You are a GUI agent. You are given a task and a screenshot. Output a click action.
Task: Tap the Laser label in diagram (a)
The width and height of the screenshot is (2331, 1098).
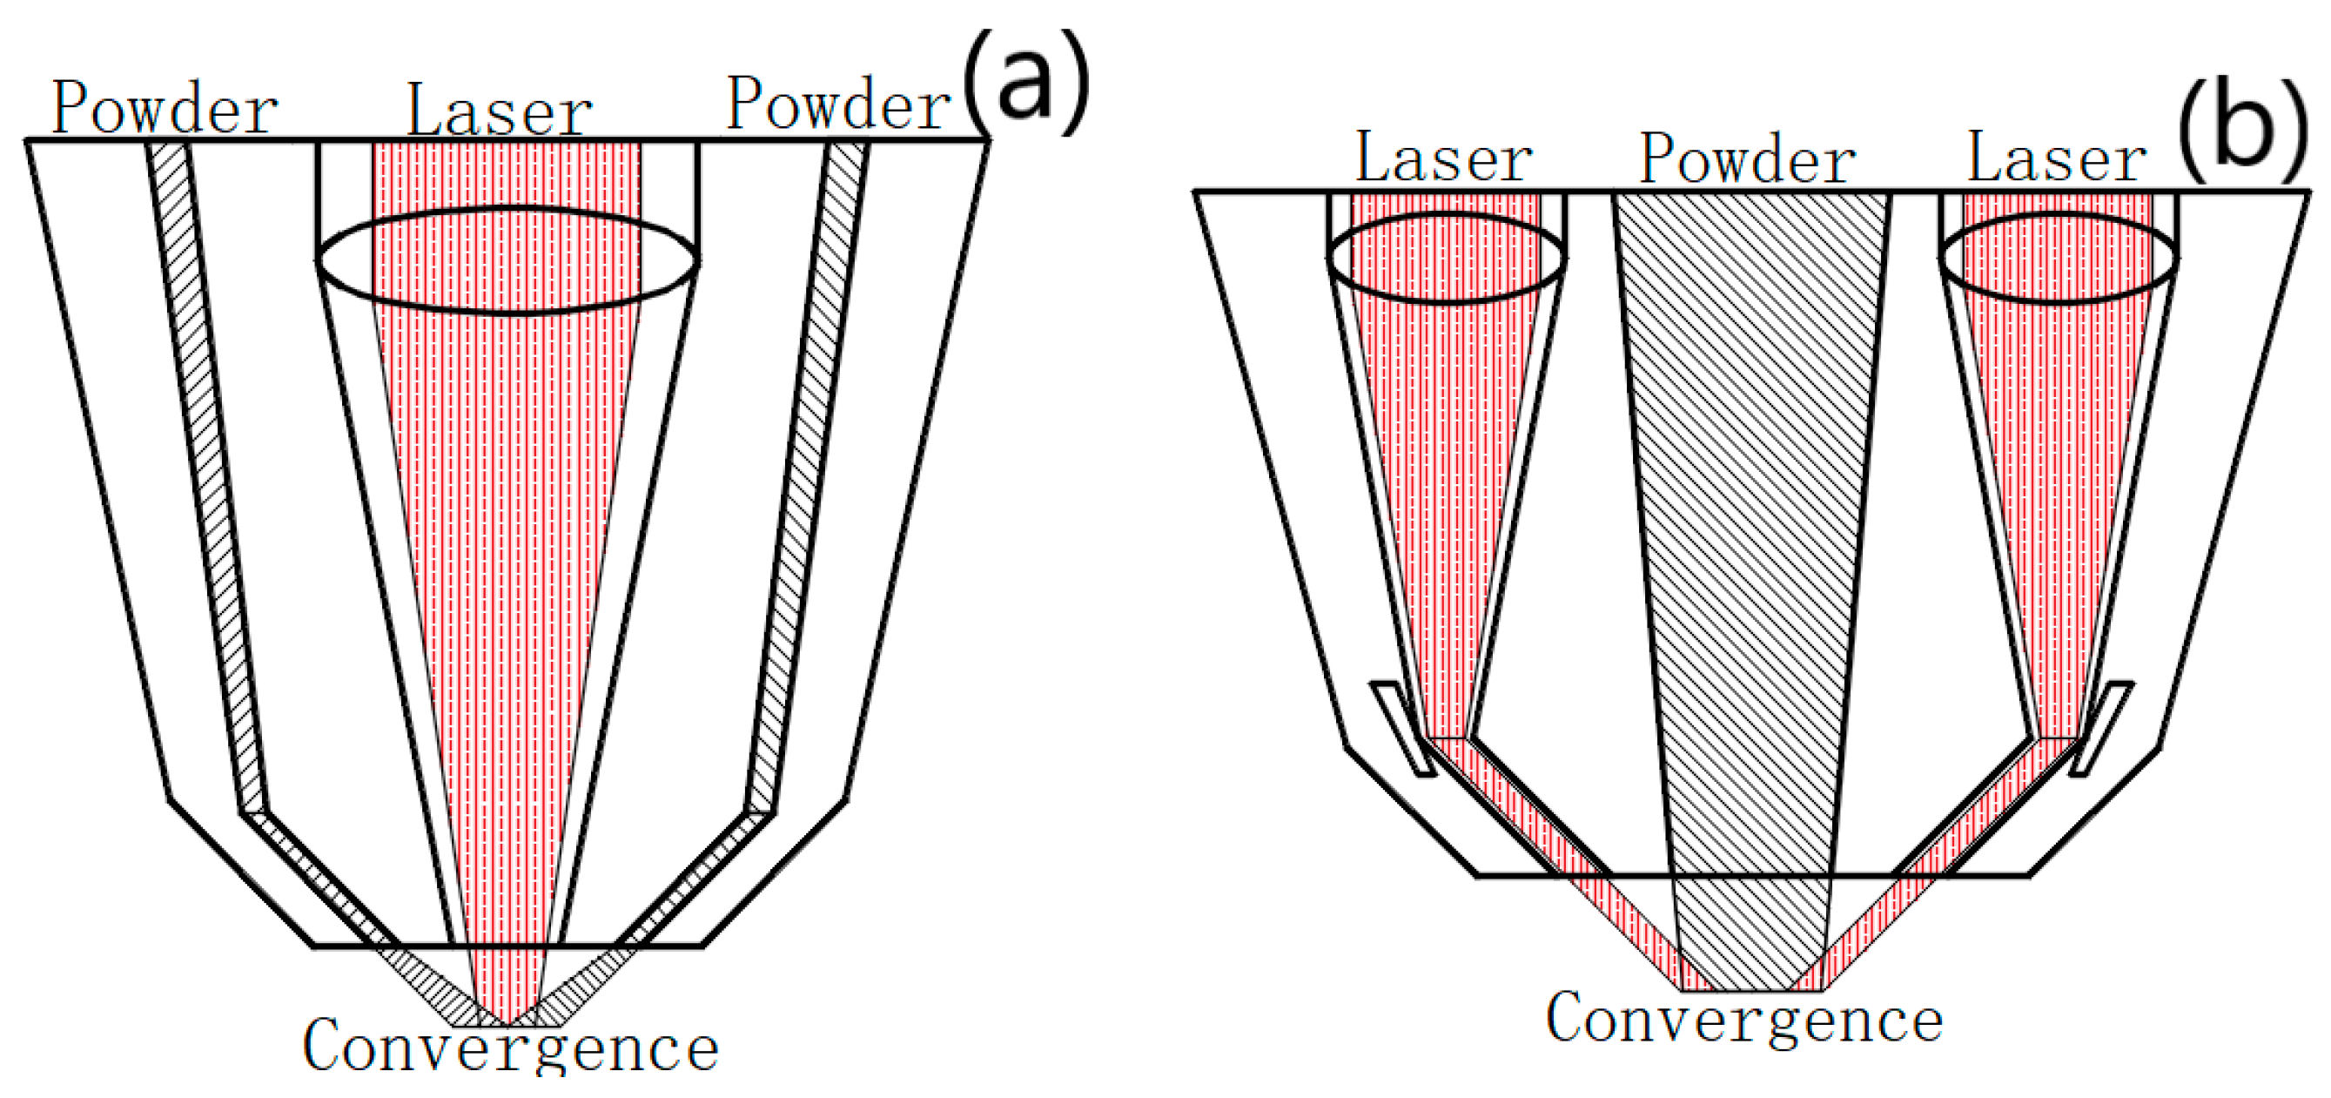[x=500, y=111]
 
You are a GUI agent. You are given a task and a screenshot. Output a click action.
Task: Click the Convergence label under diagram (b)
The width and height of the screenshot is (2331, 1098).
[x=1743, y=1020]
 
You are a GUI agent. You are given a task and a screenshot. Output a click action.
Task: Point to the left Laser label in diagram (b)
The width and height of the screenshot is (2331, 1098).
[x=1443, y=158]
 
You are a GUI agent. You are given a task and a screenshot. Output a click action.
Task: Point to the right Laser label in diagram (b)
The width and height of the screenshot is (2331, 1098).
[x=2056, y=158]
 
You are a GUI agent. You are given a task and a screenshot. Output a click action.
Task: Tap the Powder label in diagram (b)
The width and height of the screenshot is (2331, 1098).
[x=1747, y=159]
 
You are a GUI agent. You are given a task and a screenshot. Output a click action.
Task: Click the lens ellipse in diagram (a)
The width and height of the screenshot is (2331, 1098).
[x=507, y=260]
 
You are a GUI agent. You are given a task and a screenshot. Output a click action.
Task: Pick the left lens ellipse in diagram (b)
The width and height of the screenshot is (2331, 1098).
[x=1446, y=258]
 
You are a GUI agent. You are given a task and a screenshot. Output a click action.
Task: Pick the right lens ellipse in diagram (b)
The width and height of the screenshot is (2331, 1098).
[x=2058, y=258]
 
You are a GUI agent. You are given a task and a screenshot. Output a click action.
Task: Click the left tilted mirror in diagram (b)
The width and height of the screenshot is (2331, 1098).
[x=1401, y=729]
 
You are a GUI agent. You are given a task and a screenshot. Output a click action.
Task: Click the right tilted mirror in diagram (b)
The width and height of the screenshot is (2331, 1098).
[x=2101, y=729]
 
